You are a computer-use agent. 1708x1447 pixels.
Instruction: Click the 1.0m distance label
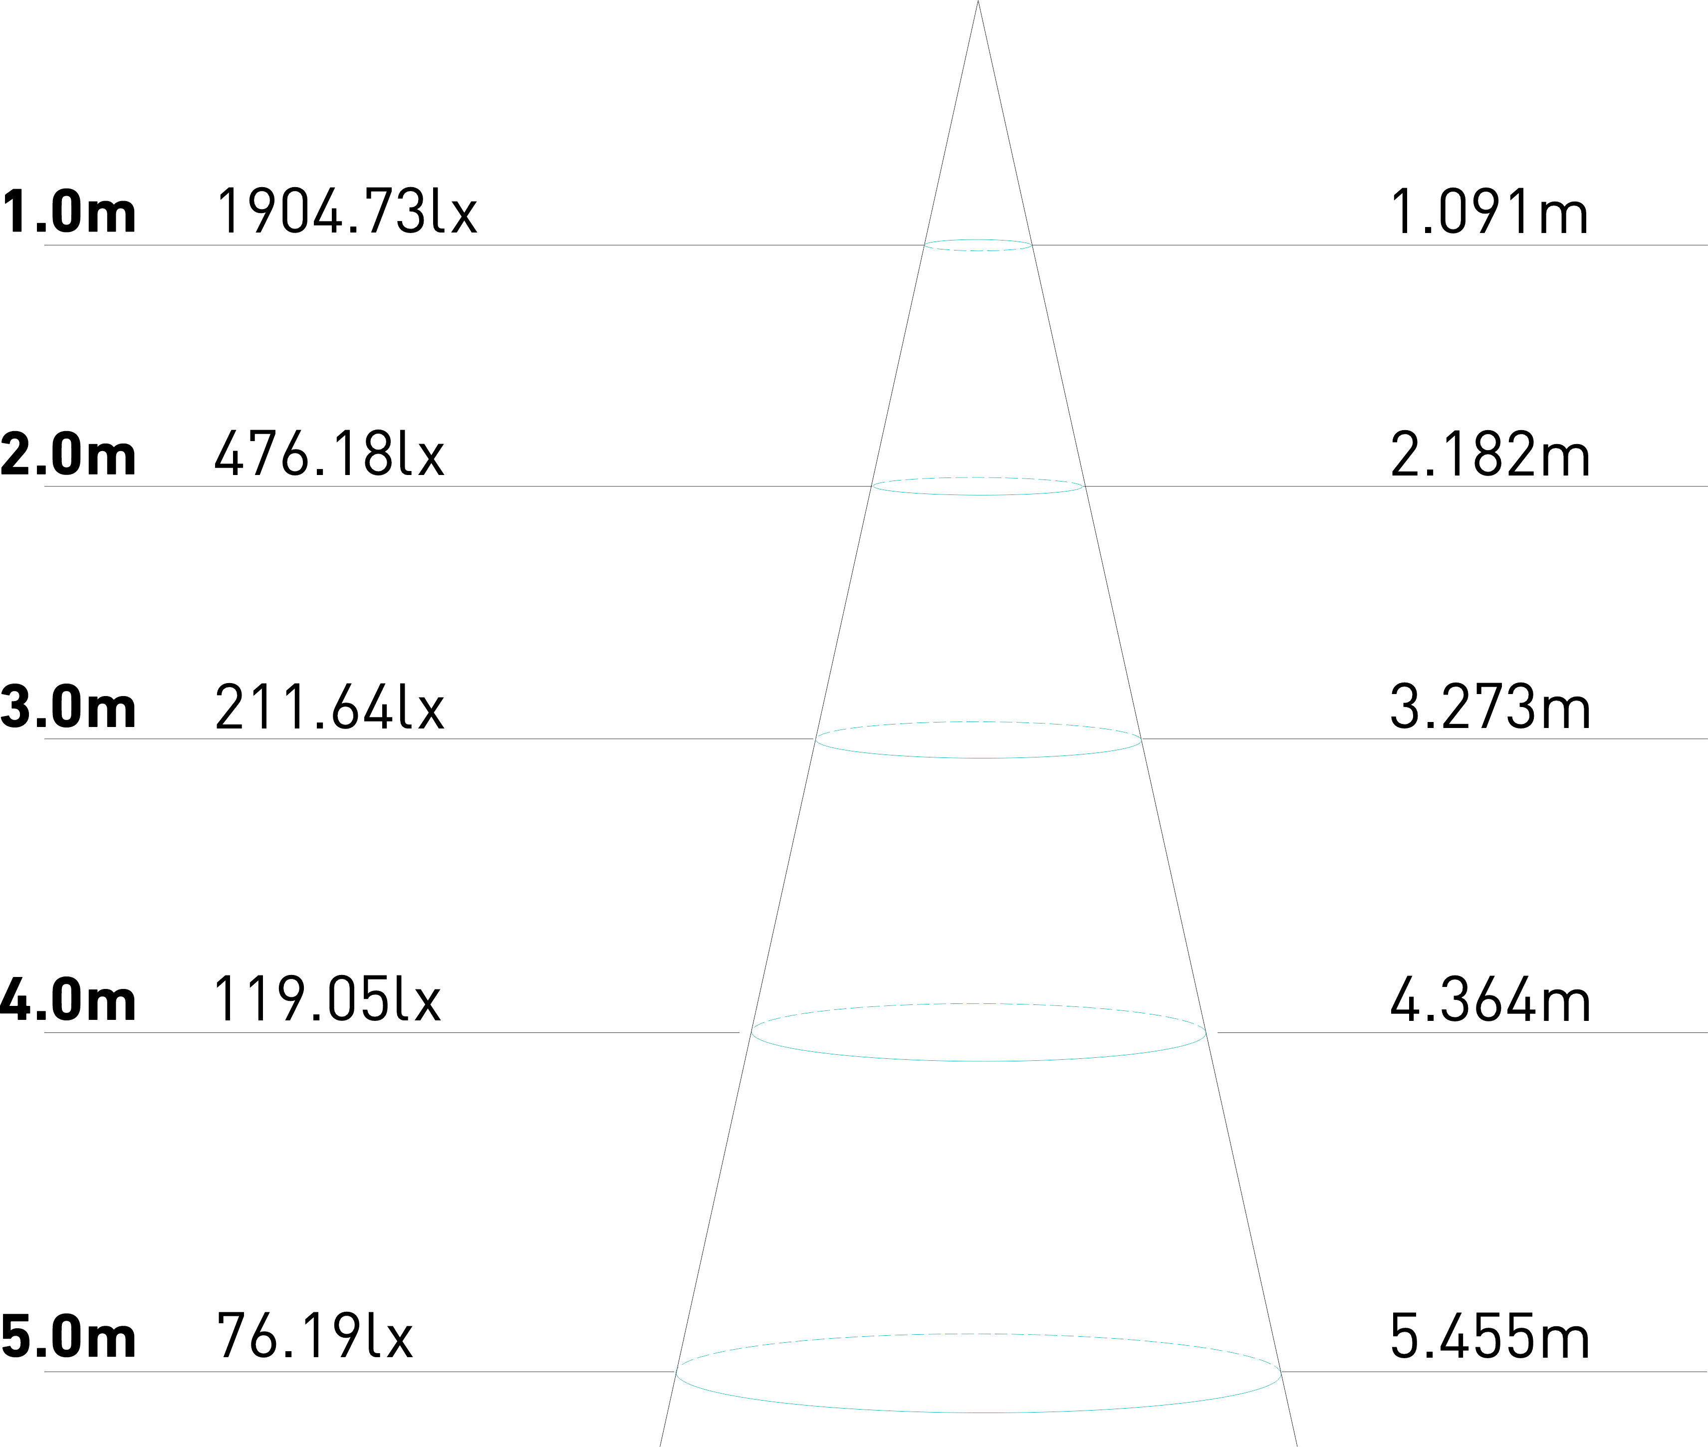pos(68,211)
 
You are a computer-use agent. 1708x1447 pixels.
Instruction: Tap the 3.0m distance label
pos(68,706)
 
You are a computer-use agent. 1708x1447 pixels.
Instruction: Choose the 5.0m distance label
pos(68,1337)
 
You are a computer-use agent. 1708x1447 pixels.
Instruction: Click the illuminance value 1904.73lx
pos(345,211)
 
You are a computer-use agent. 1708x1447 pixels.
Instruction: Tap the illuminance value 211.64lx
pos(329,706)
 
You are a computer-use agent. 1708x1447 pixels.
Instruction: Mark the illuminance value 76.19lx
pos(314,1337)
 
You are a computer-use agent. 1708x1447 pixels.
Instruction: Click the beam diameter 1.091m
pos(1489,211)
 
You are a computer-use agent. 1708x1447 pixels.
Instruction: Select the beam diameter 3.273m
pos(1489,706)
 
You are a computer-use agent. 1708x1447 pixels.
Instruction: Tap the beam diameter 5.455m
pos(1489,1337)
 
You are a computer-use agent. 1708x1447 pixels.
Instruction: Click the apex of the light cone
pos(978,3)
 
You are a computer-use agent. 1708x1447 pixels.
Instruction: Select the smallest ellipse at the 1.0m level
pos(978,250)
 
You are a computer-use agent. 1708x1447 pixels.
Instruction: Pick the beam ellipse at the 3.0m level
pos(978,757)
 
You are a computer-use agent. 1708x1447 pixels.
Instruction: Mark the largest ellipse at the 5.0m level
pos(978,1412)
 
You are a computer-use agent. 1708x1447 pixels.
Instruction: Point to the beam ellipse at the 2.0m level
pos(978,494)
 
